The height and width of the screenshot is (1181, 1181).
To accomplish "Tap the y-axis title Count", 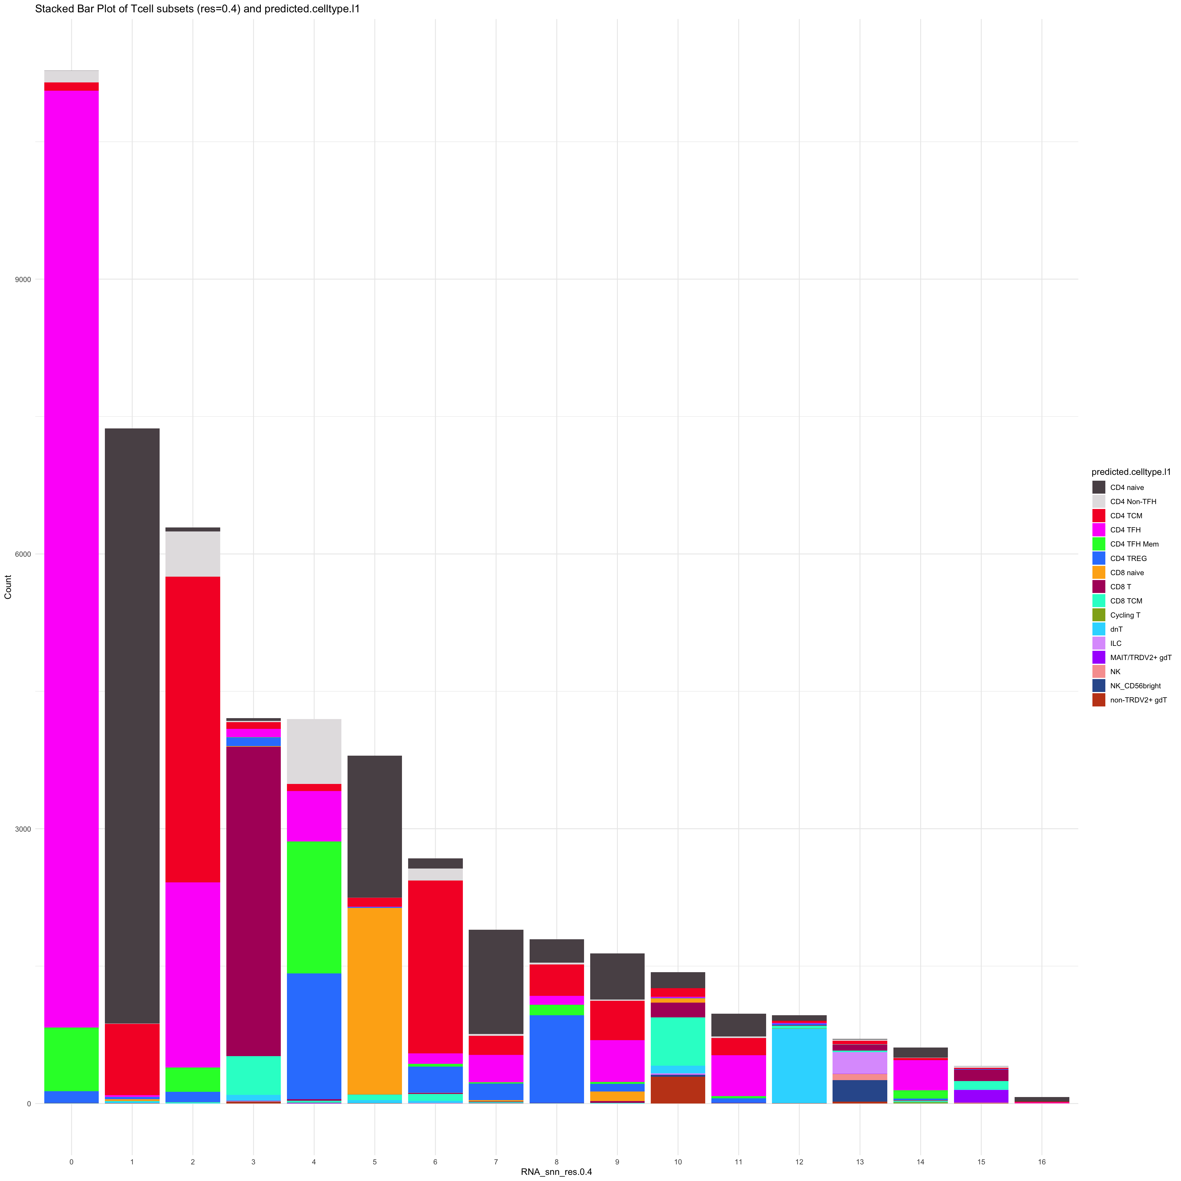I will [x=8, y=587].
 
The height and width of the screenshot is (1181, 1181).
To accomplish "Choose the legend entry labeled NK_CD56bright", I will [x=1135, y=686].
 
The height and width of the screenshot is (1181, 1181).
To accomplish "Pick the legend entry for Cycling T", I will [x=1125, y=615].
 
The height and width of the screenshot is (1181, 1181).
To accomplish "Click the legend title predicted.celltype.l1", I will [x=1131, y=472].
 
